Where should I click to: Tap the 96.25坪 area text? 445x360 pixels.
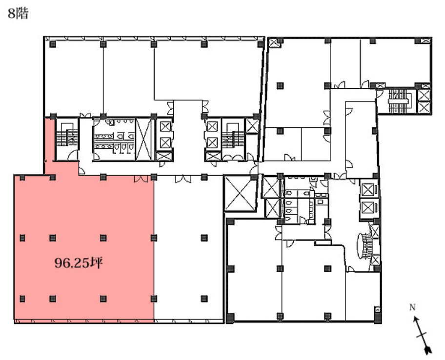(x=78, y=264)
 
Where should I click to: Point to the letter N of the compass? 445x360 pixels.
(x=412, y=307)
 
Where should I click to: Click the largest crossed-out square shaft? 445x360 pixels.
(x=238, y=194)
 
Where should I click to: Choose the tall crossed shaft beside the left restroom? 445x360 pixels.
(x=143, y=139)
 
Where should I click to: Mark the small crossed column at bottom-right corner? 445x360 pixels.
(x=377, y=309)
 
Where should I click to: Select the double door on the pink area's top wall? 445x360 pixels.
(x=142, y=179)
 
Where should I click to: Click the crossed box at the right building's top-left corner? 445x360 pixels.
(x=274, y=42)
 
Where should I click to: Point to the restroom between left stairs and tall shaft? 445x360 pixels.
(x=113, y=139)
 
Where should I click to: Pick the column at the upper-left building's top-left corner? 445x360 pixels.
(x=53, y=44)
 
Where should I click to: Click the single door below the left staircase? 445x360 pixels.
(x=72, y=156)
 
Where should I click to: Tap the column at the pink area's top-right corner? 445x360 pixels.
(x=154, y=177)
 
